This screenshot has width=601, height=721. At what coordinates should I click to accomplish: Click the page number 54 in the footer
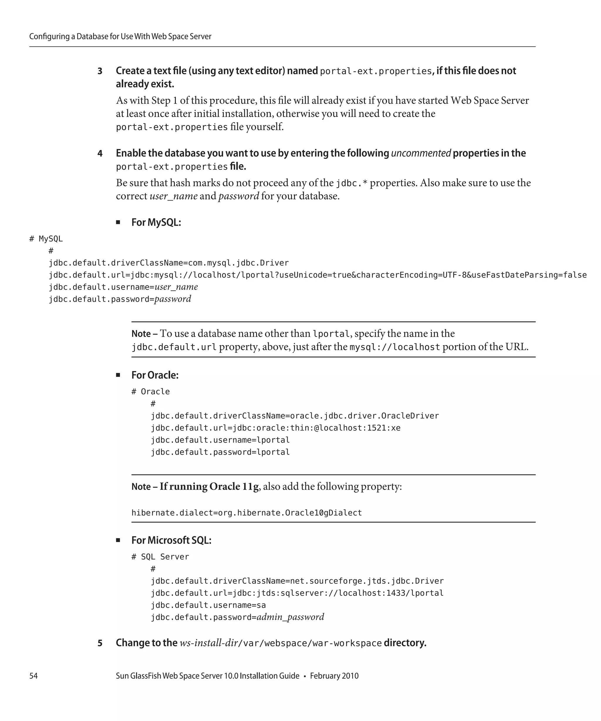coord(33,676)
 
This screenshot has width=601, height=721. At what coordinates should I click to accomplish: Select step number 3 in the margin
coord(100,71)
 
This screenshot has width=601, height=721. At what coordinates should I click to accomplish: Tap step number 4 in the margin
coord(100,153)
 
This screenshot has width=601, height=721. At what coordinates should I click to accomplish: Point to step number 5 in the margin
coord(100,643)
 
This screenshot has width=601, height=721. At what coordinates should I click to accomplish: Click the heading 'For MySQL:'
coord(156,222)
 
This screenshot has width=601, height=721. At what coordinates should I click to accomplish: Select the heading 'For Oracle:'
coord(155,375)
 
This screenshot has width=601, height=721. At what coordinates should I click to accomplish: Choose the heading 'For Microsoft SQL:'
coord(171,540)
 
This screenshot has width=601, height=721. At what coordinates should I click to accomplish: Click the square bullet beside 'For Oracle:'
coord(118,375)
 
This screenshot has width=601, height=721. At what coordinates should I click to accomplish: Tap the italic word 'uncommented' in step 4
coord(421,153)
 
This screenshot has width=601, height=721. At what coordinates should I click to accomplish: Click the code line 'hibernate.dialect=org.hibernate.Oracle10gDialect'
coord(247,513)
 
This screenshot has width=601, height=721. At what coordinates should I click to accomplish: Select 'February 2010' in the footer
coord(334,676)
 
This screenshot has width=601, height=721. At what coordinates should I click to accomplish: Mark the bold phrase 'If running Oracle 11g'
coord(209,487)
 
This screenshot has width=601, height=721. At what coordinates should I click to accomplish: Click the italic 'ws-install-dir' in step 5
coord(208,643)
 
